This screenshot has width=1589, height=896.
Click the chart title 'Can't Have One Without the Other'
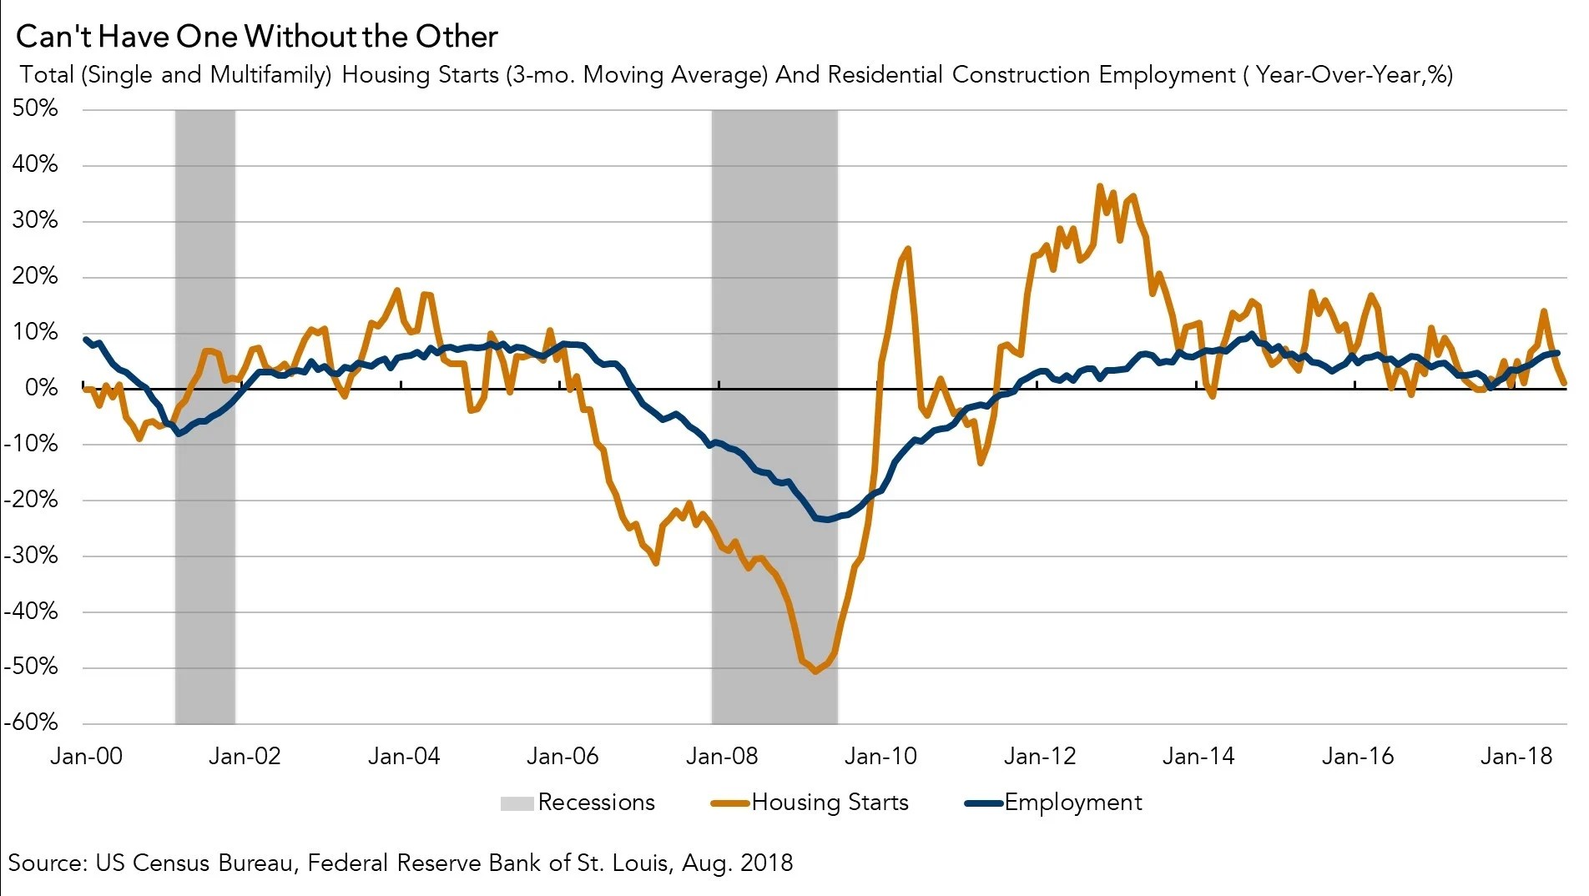tap(257, 37)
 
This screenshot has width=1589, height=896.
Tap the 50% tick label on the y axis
tap(35, 108)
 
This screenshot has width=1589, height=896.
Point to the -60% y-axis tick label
tap(31, 722)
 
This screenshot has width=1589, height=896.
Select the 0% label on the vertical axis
tap(42, 388)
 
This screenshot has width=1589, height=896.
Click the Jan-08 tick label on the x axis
tap(722, 756)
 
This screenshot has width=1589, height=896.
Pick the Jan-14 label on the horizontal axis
tap(1198, 756)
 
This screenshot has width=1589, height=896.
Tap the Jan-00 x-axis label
tap(86, 756)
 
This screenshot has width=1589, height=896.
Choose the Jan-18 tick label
tap(1516, 756)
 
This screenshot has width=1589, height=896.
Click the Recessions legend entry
tap(578, 803)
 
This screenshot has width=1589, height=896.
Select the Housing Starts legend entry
tap(810, 803)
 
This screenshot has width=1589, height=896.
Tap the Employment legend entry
tap(1053, 803)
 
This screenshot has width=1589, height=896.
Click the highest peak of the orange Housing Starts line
tap(1100, 186)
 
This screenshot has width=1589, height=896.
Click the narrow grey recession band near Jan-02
tap(205, 416)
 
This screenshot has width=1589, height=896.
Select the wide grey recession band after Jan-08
tap(774, 416)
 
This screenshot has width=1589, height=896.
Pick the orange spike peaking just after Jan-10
tap(907, 248)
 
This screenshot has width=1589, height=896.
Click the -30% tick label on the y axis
tap(31, 555)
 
